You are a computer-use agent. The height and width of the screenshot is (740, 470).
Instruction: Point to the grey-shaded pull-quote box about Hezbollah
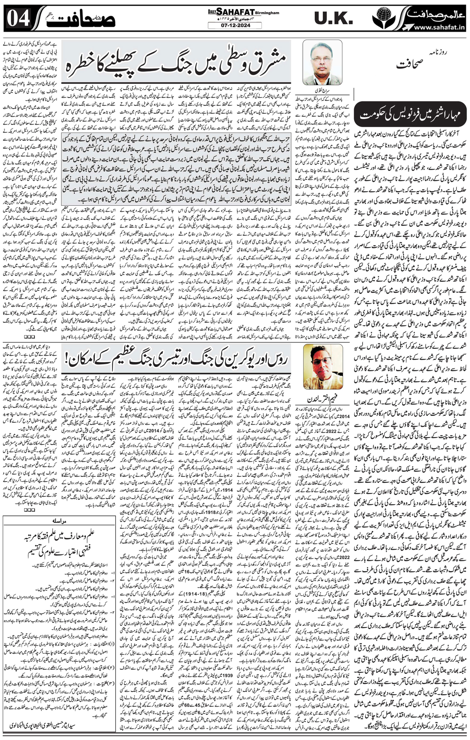pos(176,169)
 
